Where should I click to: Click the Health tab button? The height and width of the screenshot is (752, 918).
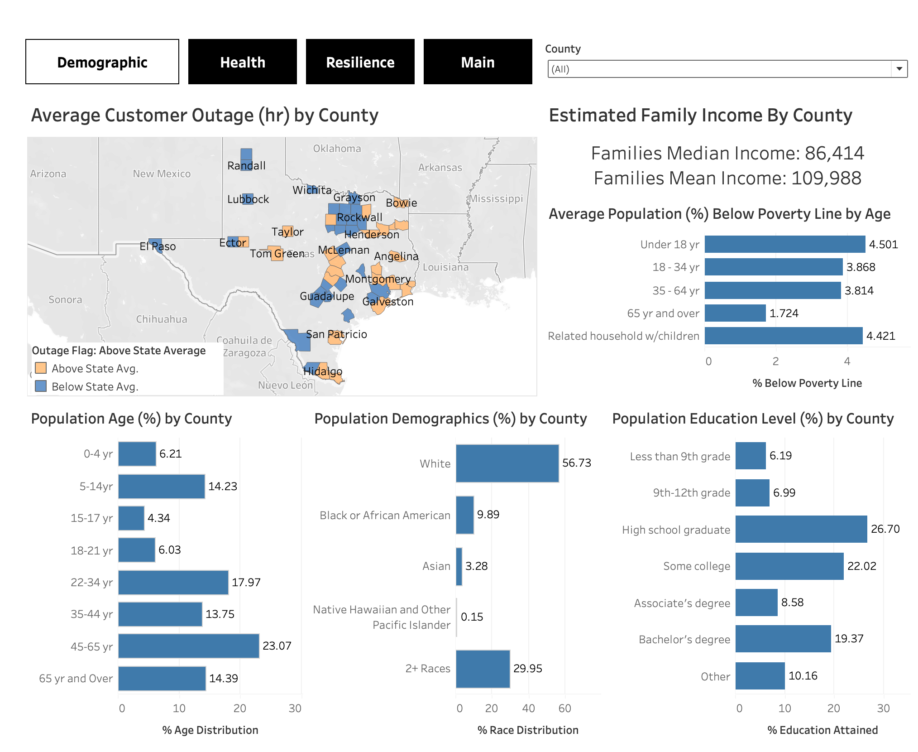[x=243, y=62]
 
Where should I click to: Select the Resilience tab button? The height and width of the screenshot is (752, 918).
[x=360, y=62]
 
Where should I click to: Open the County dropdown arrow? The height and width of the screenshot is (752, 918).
[x=899, y=69]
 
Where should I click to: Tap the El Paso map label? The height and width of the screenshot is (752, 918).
[x=158, y=246]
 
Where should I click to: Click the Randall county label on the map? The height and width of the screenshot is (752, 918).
[x=246, y=166]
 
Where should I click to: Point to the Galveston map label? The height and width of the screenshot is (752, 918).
[x=388, y=302]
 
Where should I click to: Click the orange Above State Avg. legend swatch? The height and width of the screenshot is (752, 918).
[x=41, y=368]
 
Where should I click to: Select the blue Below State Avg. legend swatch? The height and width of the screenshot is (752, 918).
[x=41, y=386]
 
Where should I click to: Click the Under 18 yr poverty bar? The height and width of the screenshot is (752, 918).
[x=784, y=244]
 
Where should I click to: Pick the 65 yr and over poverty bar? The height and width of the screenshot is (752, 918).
[x=735, y=313]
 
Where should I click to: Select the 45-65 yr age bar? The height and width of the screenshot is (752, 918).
[x=188, y=646]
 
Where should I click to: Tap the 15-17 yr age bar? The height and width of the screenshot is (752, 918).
[x=131, y=518]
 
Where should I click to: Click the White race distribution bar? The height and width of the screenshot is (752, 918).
[x=507, y=463]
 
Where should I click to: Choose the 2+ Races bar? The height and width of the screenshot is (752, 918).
[x=483, y=669]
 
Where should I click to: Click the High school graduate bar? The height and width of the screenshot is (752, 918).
[x=801, y=529]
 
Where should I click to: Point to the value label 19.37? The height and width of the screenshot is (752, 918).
[x=849, y=639]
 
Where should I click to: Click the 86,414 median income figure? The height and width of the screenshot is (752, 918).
[x=834, y=153]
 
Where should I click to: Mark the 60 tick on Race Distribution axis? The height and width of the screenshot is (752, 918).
[x=564, y=708]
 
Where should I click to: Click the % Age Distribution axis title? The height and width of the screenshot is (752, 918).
[x=210, y=730]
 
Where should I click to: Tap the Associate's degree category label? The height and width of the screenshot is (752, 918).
[x=682, y=603]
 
